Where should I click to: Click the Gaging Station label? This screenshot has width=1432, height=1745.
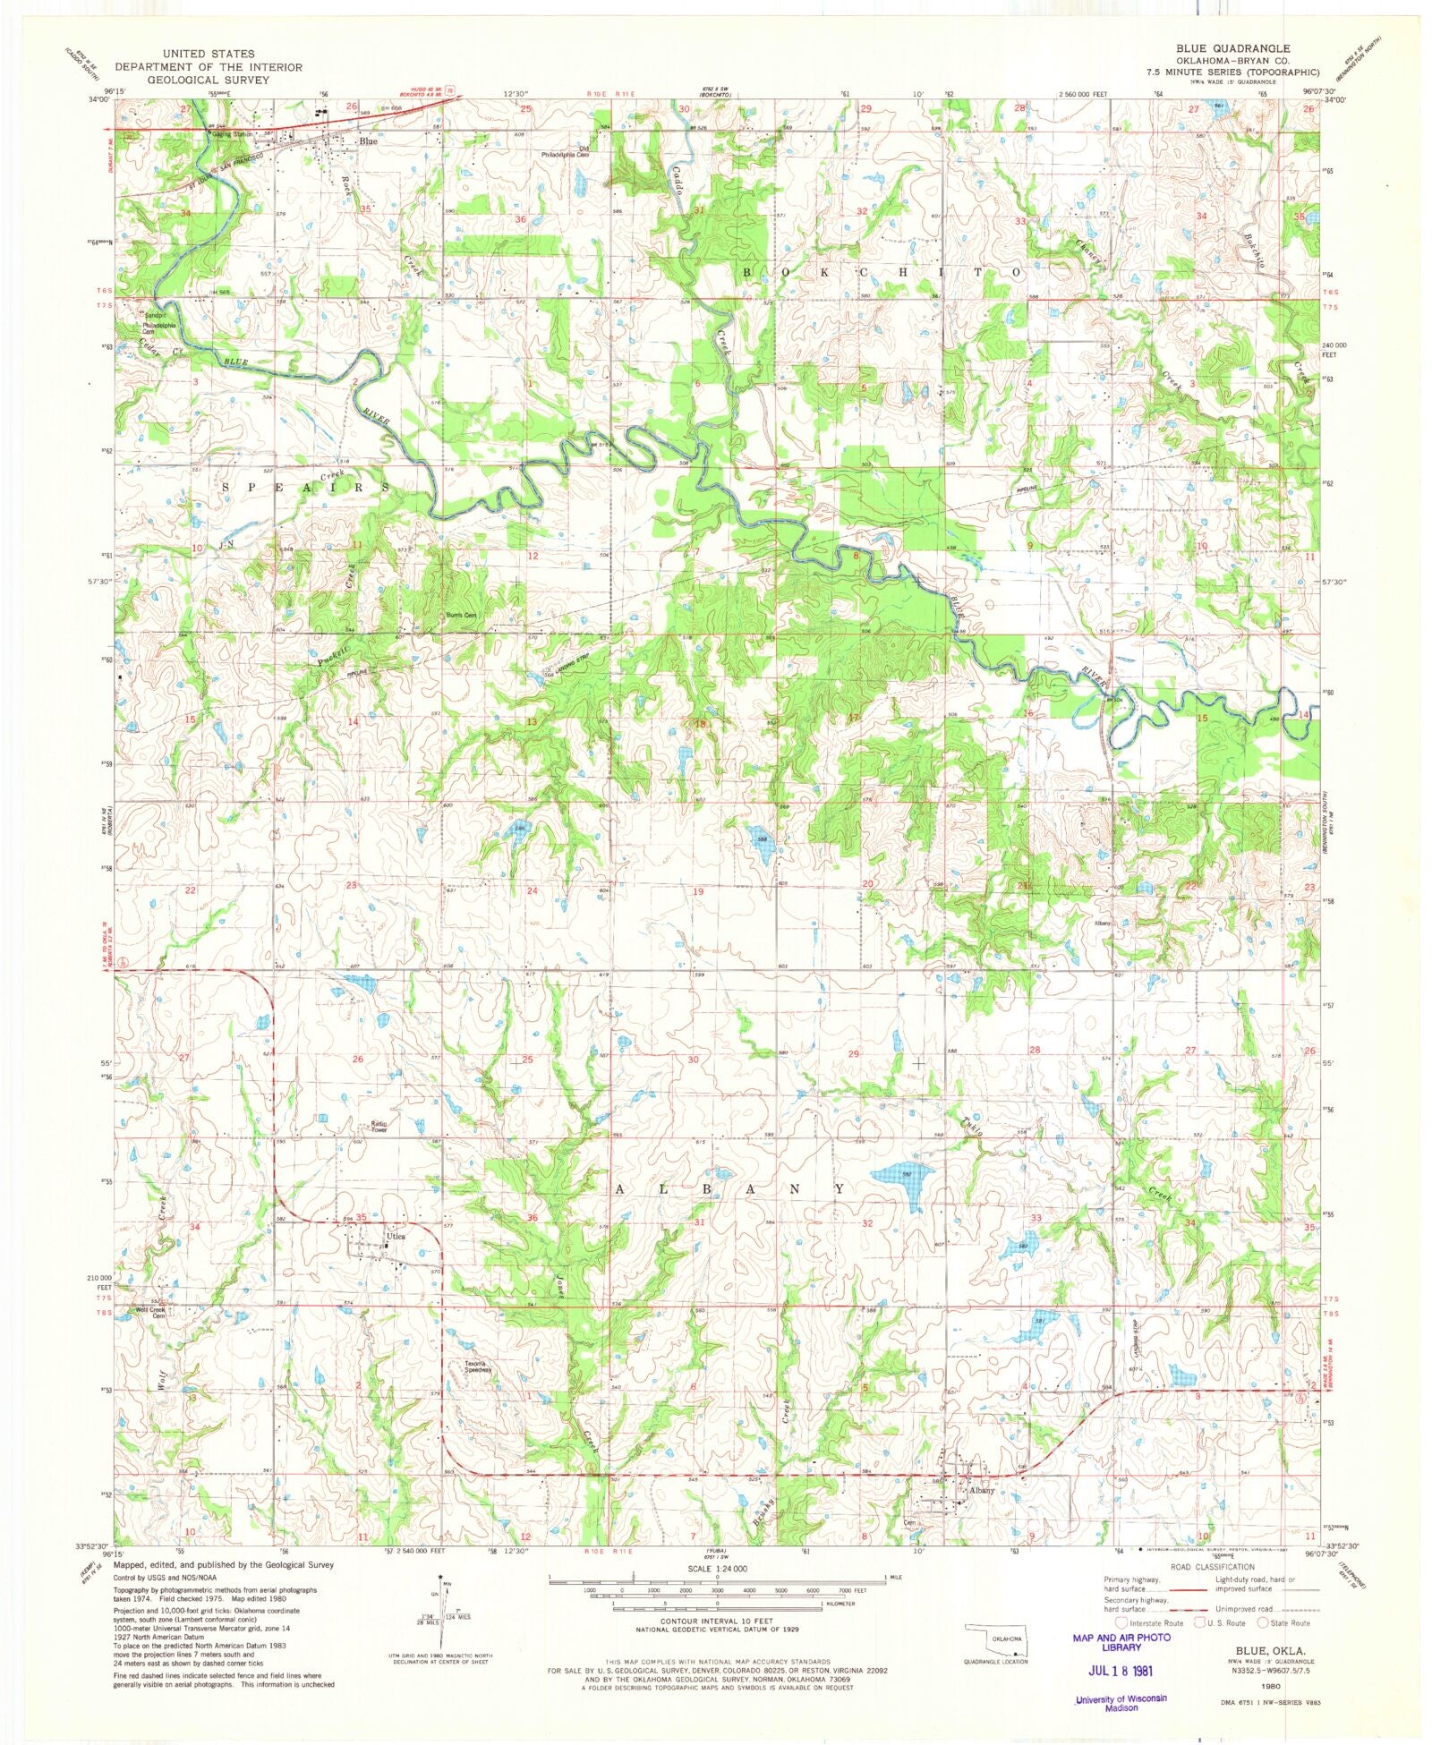233,132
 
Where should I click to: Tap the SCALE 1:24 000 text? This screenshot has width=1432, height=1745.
716,1569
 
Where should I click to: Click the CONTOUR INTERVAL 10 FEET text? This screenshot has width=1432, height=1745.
716,1622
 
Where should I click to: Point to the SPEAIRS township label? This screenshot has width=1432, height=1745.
305,487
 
